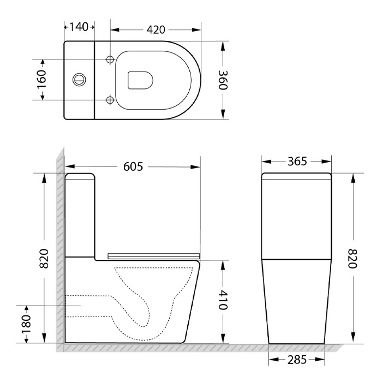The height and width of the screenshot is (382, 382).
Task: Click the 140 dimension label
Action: click(79, 27)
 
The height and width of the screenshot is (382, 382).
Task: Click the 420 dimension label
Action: click(156, 29)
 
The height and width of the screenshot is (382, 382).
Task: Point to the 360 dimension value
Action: click(223, 80)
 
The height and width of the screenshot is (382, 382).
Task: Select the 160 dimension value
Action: click(41, 80)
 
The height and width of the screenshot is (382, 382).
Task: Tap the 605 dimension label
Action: click(133, 167)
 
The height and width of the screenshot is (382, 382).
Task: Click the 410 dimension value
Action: click(223, 300)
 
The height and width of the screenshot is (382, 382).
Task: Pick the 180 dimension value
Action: click(26, 324)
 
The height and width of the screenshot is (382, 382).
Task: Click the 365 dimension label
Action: click(297, 162)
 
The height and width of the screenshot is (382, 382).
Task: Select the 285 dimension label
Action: click(297, 360)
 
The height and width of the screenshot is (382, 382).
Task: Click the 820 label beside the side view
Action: click(44, 259)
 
